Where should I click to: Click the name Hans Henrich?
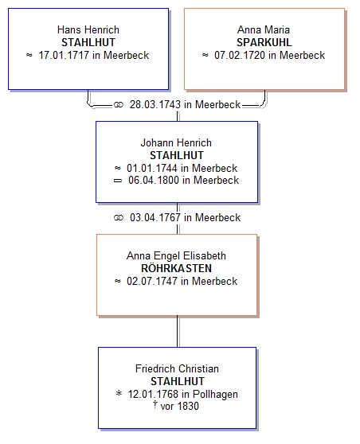pos(88,29)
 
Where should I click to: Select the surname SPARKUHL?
pos(264,42)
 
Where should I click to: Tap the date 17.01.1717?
pos(64,55)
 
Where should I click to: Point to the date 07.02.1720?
pos(240,55)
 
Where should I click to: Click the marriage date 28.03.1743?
pos(155,104)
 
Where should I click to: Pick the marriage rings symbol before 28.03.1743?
pos(119,105)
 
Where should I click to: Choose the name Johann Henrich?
pos(176,142)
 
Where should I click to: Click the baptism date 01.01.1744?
pos(152,168)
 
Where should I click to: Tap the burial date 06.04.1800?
pos(154,180)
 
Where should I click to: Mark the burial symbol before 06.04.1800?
pos(118,181)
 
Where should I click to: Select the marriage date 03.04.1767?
pos(155,217)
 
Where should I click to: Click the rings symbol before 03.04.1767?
pos(119,218)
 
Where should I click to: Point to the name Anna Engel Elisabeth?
pos(176,255)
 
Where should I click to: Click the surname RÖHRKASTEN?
pos(176,268)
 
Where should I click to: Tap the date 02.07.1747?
pos(152,281)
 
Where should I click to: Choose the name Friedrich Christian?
pos(177,368)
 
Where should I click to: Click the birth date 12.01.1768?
pos(153,394)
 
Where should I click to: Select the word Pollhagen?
pos(215,394)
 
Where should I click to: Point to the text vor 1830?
pos(179,406)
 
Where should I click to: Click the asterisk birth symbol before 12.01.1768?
pos(119,393)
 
